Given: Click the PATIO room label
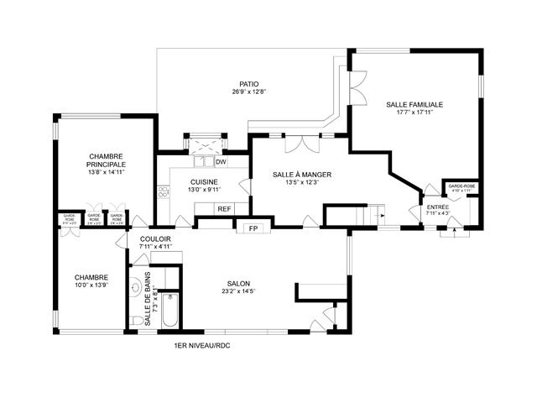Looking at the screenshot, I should (248, 84).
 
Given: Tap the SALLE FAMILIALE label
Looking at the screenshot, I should (414, 105).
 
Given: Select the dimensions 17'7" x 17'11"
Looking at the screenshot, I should (414, 113).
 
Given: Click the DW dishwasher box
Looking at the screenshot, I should (221, 162).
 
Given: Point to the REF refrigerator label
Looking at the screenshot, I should (224, 209).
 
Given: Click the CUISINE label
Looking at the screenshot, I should (204, 182).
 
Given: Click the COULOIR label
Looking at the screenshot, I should (156, 239).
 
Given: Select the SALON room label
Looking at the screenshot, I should (238, 284).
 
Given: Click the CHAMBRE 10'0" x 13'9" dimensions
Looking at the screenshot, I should (91, 285).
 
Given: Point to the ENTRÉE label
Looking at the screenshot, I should (438, 207).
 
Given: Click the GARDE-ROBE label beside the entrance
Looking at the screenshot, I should (461, 186).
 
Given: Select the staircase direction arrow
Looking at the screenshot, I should (382, 215).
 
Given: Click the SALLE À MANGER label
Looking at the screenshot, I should (302, 175).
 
